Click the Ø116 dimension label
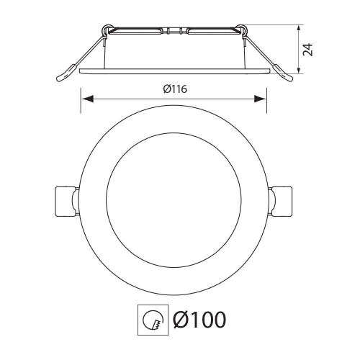point(172,89)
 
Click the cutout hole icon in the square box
point(151,318)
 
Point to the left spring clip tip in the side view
point(63,75)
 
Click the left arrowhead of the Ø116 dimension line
point(84,99)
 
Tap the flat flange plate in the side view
point(173,71)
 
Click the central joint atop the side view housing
point(174,32)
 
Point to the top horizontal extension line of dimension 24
point(274,26)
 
